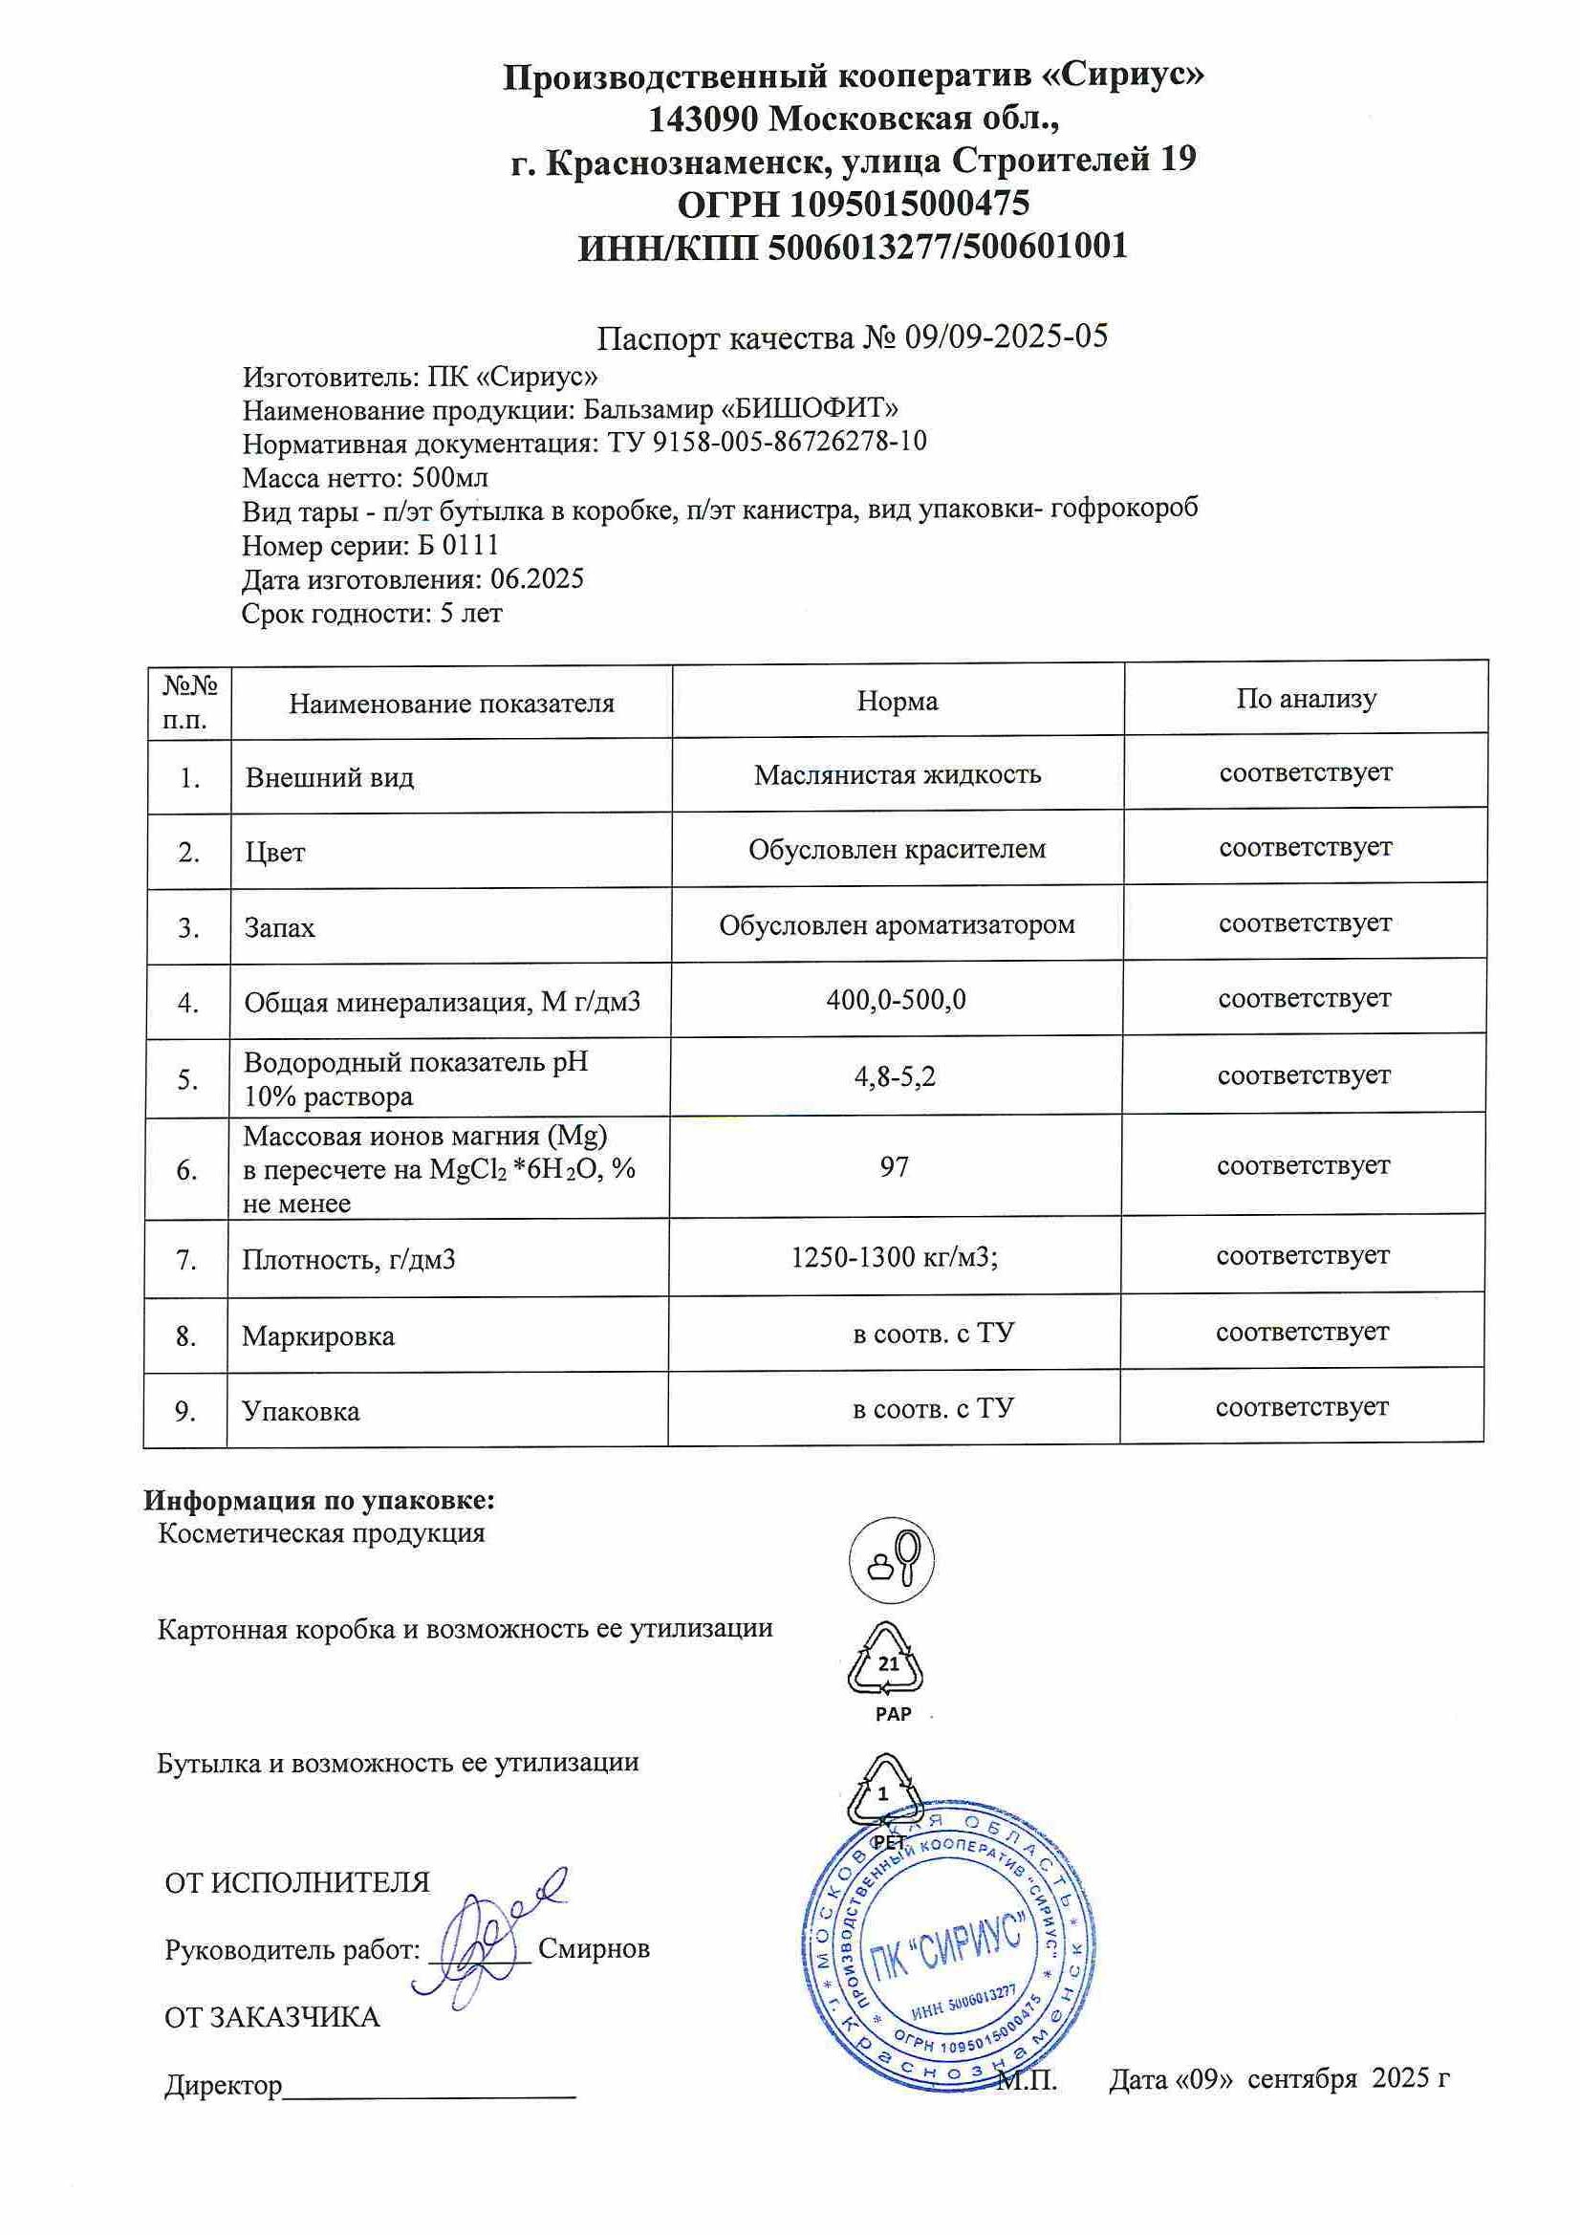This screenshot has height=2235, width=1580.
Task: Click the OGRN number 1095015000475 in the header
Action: (909, 204)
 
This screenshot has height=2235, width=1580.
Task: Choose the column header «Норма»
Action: (897, 701)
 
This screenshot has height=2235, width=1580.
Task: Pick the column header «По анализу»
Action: (1306, 698)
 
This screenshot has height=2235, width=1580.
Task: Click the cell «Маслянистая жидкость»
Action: (897, 775)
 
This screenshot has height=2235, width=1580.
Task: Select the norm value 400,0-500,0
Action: (896, 999)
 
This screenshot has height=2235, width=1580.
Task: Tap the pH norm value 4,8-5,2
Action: (895, 1076)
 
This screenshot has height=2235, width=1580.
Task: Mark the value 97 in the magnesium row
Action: (894, 1166)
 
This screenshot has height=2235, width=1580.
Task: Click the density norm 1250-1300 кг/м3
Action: (895, 1258)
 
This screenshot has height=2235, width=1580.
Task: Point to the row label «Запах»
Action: (279, 926)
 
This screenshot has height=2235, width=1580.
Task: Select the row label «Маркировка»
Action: (318, 1336)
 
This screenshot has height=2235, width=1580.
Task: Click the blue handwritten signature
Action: (491, 1937)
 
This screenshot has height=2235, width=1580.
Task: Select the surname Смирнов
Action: (594, 1950)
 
